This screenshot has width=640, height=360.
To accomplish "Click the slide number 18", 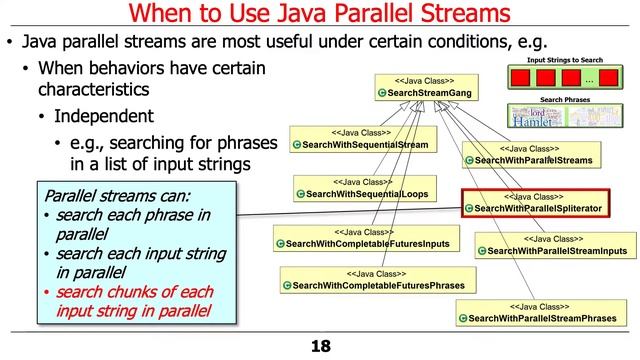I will tap(319, 346).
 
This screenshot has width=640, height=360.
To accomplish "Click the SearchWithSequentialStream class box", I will tap(364, 139).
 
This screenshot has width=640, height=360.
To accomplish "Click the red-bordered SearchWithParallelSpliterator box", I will tap(536, 202).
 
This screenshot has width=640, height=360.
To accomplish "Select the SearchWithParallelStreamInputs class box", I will tap(553, 245).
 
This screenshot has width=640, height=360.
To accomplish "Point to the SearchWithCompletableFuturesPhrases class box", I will tap(375, 279).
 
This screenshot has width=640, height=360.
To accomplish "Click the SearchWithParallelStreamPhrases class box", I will tap(546, 312).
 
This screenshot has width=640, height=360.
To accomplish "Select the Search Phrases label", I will tap(562, 101).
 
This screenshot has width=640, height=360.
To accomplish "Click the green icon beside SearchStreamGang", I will tap(383, 93).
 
